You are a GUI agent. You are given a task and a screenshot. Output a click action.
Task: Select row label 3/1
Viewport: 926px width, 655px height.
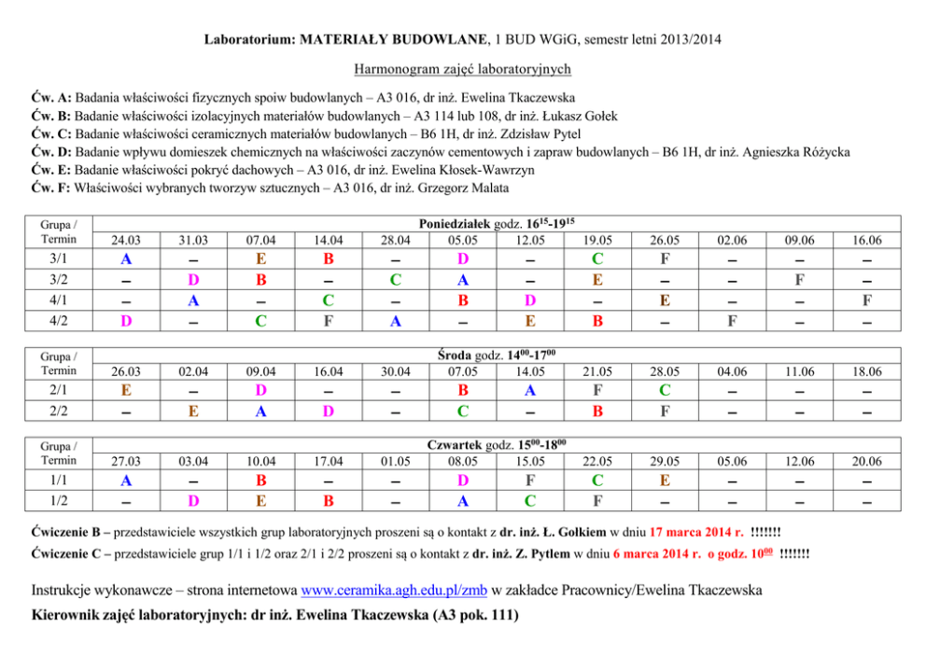click(59, 258)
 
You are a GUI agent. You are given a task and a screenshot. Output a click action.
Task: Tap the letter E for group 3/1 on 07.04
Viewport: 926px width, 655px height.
click(260, 258)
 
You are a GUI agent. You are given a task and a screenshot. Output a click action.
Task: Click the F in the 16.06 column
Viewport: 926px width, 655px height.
click(867, 300)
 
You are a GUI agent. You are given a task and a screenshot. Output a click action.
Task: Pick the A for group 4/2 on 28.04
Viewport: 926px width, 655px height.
click(395, 321)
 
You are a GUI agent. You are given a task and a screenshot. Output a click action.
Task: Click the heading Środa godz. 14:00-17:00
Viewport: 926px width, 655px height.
click(497, 355)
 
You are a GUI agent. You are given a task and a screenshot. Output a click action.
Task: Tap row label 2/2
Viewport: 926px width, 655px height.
click(59, 411)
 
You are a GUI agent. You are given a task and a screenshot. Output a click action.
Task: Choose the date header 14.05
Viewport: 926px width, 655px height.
click(529, 370)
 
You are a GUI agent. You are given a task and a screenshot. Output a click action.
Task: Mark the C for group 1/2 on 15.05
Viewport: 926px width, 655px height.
click(529, 500)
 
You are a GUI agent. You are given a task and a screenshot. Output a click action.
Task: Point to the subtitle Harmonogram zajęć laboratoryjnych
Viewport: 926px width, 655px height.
click(462, 68)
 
